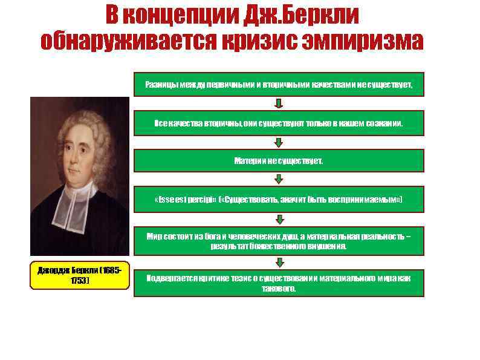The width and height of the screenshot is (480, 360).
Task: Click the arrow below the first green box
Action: coord(279,103)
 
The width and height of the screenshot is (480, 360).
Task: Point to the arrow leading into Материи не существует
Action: coord(279,142)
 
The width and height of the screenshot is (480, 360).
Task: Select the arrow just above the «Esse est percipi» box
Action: coord(279,180)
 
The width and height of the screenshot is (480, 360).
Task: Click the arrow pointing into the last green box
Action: coord(279,263)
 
